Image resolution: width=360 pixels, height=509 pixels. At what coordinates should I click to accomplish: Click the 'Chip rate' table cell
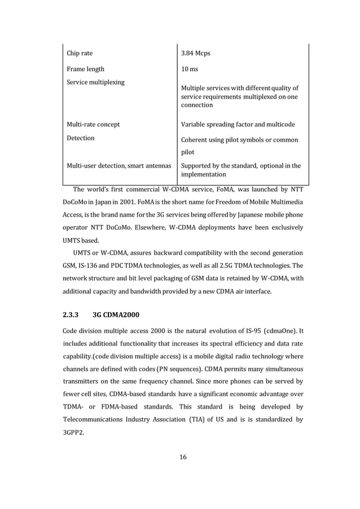(80, 54)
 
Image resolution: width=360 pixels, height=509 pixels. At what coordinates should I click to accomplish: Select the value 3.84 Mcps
(195, 54)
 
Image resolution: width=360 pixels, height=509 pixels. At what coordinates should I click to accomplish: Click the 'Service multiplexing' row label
(95, 82)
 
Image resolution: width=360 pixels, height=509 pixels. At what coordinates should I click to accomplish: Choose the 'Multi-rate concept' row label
(93, 124)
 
